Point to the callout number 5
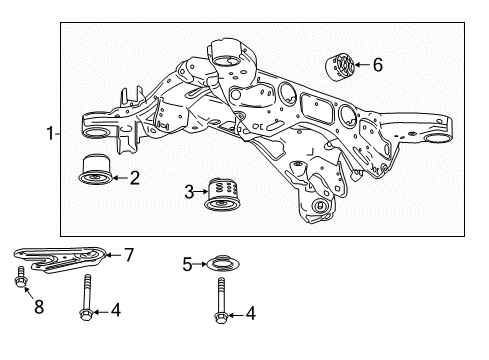click(188, 264)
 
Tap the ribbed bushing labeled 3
click(225, 193)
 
